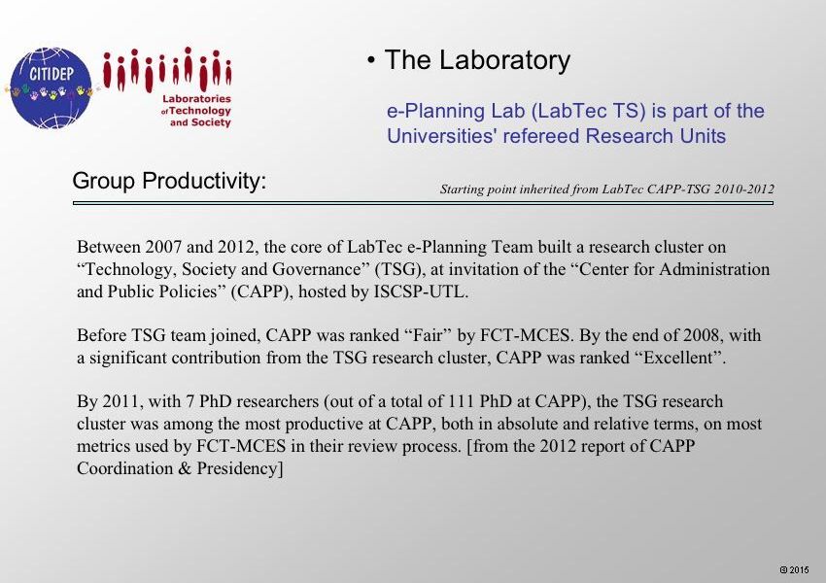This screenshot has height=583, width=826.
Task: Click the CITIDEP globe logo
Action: pyautogui.click(x=52, y=88)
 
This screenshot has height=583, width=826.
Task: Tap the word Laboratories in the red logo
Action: pyautogui.click(x=196, y=98)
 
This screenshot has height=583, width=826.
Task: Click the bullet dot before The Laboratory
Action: pyautogui.click(x=371, y=60)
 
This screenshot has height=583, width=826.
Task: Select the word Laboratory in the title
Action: pyautogui.click(x=504, y=59)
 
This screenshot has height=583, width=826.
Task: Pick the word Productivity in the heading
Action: pyautogui.click(x=204, y=181)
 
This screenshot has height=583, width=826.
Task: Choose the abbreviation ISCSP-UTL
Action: pyautogui.click(x=421, y=291)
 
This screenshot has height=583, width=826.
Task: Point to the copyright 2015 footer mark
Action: pyautogui.click(x=794, y=569)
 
